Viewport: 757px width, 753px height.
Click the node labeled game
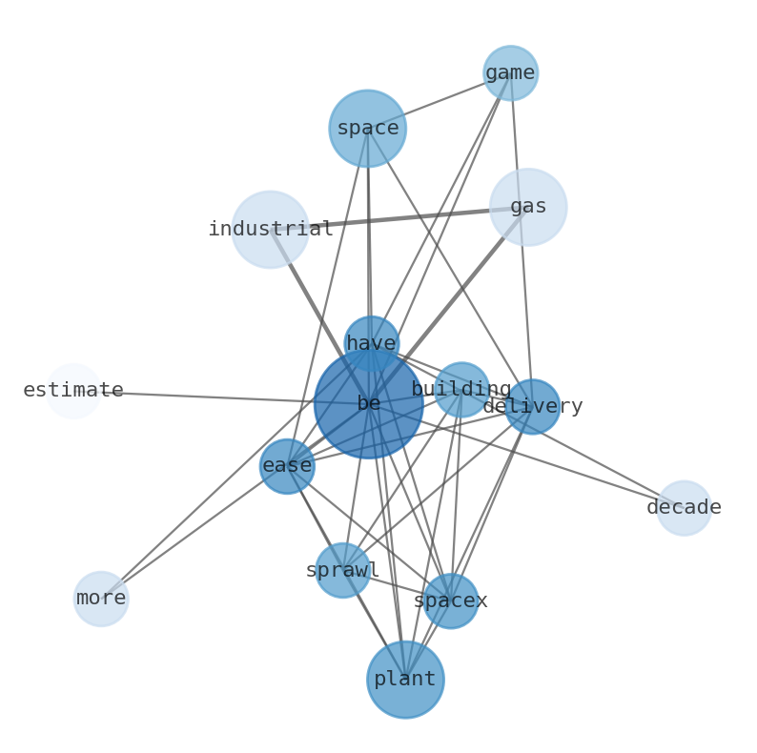click(x=511, y=73)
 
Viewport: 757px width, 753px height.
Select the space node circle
click(x=368, y=129)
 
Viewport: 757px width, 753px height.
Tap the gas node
click(x=528, y=207)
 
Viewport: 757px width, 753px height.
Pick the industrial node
click(x=271, y=230)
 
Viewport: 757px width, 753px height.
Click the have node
click(x=371, y=344)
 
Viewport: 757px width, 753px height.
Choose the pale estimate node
click(x=73, y=391)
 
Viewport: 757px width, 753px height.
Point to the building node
click(x=462, y=390)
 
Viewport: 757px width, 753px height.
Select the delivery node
click(x=533, y=407)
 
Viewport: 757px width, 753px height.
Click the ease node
click(x=287, y=466)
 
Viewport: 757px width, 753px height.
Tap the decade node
click(x=685, y=508)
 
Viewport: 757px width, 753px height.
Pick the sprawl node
click(x=343, y=571)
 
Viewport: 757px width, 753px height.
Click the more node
click(x=101, y=599)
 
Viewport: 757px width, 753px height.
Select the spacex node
click(x=451, y=600)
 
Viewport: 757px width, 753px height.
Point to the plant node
click(x=405, y=680)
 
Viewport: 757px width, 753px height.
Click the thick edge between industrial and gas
click(x=399, y=218)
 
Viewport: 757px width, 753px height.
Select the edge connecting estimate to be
click(x=221, y=397)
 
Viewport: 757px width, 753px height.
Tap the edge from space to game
click(x=440, y=101)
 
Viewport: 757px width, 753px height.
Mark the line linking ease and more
click(x=194, y=533)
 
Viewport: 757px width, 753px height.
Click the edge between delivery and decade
click(x=608, y=458)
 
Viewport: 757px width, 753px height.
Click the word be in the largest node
click(x=369, y=403)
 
